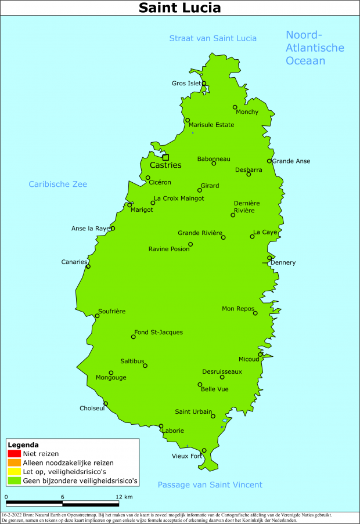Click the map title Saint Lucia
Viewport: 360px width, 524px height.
click(x=179, y=8)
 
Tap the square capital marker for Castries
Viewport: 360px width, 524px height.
click(x=165, y=157)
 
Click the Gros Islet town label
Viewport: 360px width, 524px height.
click(x=186, y=84)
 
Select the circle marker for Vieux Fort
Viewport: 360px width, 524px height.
click(x=204, y=450)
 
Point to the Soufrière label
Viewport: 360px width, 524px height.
click(x=111, y=312)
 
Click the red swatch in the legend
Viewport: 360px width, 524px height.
click(x=15, y=453)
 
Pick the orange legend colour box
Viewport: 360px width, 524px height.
click(x=15, y=462)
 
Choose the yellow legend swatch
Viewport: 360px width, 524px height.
click(x=15, y=472)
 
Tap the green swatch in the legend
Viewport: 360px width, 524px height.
click(x=15, y=480)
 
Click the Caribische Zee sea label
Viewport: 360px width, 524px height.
click(x=58, y=185)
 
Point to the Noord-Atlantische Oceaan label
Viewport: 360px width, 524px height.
click(x=315, y=48)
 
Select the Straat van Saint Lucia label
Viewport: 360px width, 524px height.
click(x=213, y=38)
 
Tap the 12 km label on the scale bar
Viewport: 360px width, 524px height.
click(x=124, y=497)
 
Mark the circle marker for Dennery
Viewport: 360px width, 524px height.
click(x=269, y=258)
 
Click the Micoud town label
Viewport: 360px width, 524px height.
click(x=249, y=359)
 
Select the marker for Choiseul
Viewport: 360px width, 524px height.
click(x=106, y=404)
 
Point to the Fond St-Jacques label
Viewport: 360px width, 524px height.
click(x=159, y=333)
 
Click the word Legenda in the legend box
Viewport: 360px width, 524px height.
click(x=23, y=445)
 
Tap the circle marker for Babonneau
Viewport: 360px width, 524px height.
click(x=214, y=164)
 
